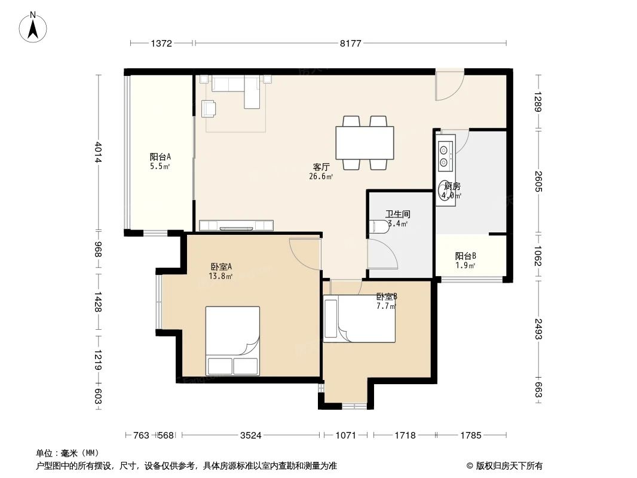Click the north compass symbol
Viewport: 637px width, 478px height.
click(x=34, y=26)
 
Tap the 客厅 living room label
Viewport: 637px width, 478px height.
click(x=321, y=167)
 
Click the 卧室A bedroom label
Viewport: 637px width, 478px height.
click(x=221, y=267)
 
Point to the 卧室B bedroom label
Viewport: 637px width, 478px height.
click(x=387, y=296)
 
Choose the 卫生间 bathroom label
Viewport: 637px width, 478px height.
click(x=397, y=214)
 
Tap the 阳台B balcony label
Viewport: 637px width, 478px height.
click(x=465, y=256)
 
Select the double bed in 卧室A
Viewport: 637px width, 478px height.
click(x=232, y=341)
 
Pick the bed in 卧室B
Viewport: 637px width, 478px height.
click(x=359, y=320)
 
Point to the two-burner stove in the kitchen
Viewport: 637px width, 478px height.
click(x=444, y=154)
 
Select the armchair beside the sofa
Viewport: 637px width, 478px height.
click(x=209, y=108)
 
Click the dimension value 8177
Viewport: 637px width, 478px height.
click(x=350, y=43)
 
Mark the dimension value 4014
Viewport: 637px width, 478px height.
click(x=99, y=151)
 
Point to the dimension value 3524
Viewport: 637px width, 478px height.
click(x=251, y=436)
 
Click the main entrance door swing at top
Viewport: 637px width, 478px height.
click(x=448, y=87)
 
